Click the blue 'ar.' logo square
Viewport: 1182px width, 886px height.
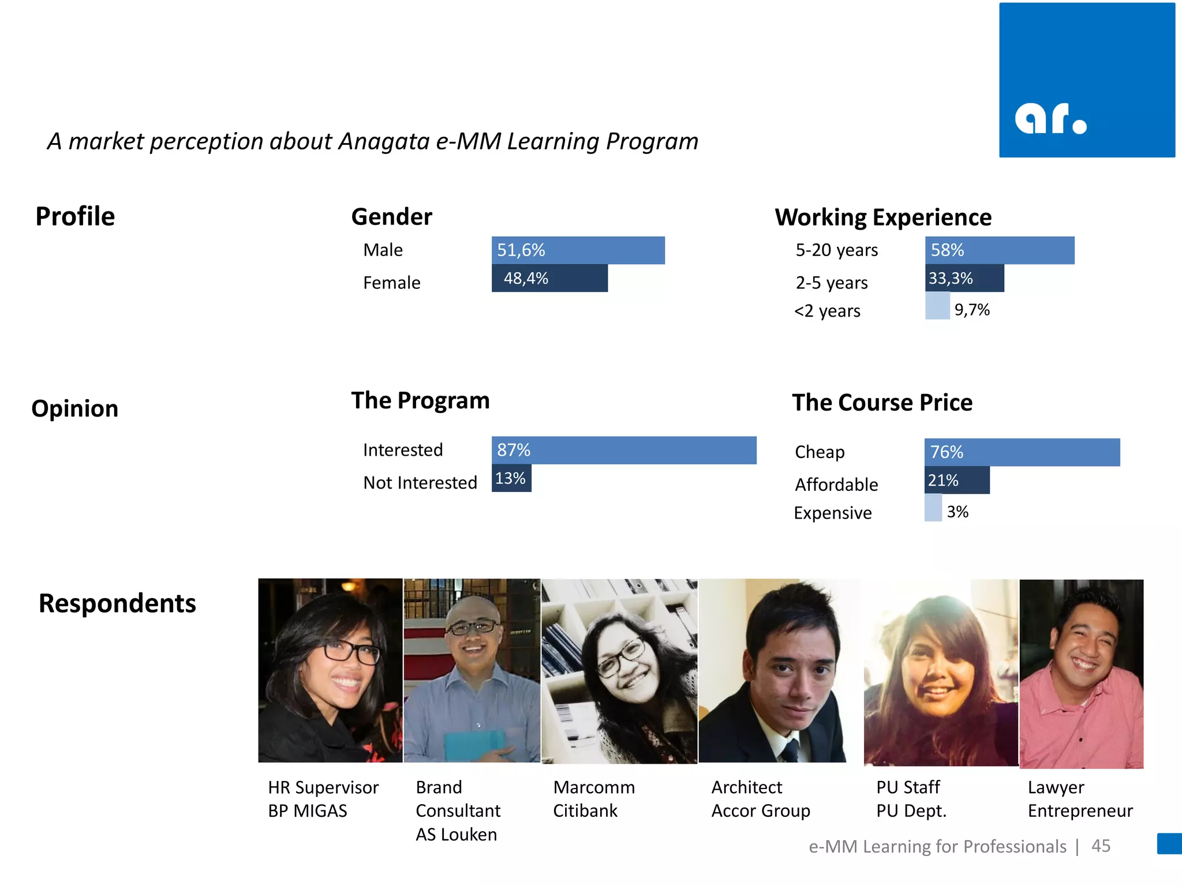coord(1087,80)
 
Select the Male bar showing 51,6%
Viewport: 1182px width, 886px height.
coord(578,250)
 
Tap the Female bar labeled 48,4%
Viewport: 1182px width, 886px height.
coord(549,279)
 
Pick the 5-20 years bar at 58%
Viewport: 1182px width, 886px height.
coord(999,250)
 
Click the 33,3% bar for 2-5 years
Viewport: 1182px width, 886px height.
coord(964,279)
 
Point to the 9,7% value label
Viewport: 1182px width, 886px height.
coord(972,310)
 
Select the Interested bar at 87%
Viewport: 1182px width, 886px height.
coord(623,450)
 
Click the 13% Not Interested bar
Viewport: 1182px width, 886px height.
coord(511,479)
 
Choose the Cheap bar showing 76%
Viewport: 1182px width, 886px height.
coord(1022,452)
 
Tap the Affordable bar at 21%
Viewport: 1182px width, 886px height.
coord(956,480)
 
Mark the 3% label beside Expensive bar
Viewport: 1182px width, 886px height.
coord(957,512)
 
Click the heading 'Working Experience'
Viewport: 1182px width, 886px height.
coord(883,217)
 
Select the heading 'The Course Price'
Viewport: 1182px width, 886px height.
coord(882,403)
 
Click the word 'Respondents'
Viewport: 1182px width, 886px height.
coord(117,603)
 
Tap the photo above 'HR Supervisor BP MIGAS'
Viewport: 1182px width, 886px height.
coord(330,670)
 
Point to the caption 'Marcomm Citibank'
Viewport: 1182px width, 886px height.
coord(593,799)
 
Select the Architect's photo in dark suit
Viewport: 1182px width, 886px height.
coord(779,670)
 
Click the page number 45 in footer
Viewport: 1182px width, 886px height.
coord(1101,846)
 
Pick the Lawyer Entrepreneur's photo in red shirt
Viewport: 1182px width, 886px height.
coord(1081,674)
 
